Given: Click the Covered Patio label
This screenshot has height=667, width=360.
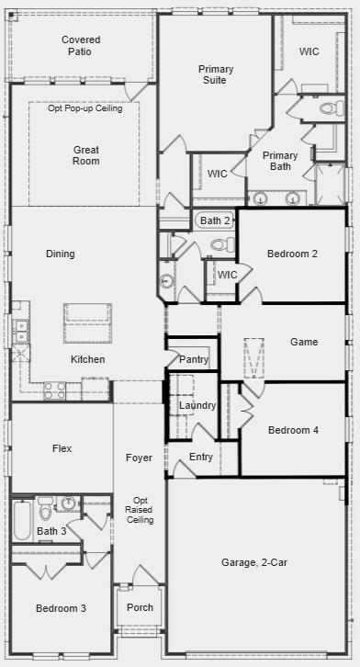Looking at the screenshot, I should click(81, 46).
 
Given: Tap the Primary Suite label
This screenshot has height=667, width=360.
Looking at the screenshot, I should click(216, 74).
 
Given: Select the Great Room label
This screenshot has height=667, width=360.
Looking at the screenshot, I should click(86, 155).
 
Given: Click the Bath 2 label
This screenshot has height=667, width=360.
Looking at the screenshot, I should click(215, 220).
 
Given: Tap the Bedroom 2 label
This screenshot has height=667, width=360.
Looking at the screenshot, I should click(292, 254).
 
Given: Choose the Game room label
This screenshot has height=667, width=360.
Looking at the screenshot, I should click(304, 342).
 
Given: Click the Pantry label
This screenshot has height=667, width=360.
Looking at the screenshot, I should click(194, 359).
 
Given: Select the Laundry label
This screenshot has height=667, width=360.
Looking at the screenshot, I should click(197, 405).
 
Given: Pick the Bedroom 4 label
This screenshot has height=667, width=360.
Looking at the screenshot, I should click(293, 430).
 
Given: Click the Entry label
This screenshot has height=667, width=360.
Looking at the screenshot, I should click(201, 457).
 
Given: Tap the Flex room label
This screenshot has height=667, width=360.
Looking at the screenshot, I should click(62, 448).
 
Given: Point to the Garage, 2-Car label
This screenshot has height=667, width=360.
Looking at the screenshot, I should click(254, 562).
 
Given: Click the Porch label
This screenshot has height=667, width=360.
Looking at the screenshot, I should click(140, 607).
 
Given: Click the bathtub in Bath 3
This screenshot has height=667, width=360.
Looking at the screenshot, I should click(22, 519).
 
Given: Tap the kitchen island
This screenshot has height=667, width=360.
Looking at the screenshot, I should click(87, 322).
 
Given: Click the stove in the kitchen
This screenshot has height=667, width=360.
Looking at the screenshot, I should click(55, 390).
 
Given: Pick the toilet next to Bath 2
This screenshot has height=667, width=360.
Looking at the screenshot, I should click(222, 245).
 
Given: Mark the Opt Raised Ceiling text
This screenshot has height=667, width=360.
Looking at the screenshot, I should click(140, 510).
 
